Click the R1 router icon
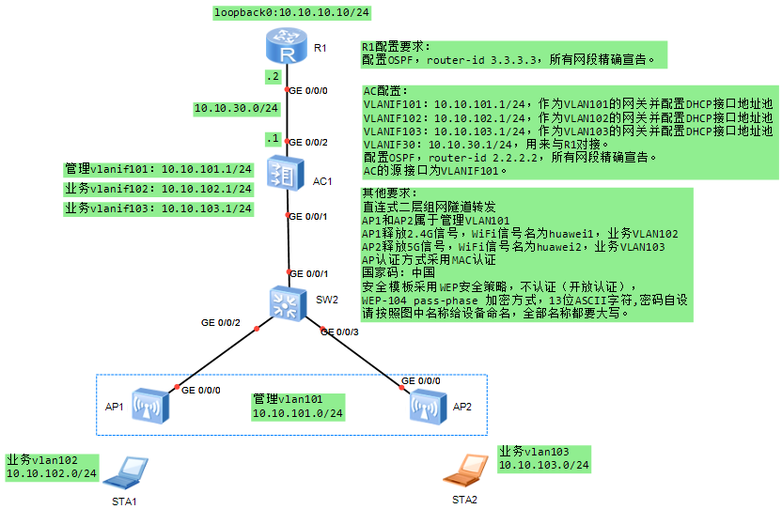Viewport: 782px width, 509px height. point(287,47)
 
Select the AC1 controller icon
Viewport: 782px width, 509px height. point(287,175)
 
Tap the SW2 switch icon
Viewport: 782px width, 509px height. point(287,301)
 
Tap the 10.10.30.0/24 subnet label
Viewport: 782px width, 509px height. point(237,108)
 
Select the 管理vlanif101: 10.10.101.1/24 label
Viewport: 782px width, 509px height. point(158,170)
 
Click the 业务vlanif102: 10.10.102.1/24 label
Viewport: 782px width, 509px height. point(158,189)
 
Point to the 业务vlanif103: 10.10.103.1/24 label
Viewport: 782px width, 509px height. point(158,208)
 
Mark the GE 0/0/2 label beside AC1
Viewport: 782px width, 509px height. point(308,142)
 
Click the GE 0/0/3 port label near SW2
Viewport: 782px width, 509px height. point(340,331)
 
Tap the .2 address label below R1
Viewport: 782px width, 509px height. point(274,77)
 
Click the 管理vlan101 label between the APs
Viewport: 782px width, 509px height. point(288,399)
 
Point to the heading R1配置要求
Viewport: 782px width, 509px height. point(396,46)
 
